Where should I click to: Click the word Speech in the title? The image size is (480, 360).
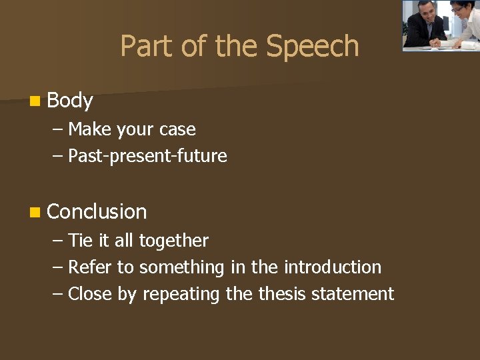(x=313, y=47)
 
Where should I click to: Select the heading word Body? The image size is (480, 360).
(x=70, y=101)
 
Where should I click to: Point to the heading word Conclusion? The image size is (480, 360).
(x=97, y=211)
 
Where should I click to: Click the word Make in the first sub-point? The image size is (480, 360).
(x=90, y=129)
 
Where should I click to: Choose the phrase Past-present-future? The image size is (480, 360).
(x=147, y=156)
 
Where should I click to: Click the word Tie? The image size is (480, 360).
(x=80, y=240)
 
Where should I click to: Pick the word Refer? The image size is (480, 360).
(x=90, y=267)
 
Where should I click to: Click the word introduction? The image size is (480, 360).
(x=333, y=267)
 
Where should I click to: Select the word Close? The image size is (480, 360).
(x=91, y=293)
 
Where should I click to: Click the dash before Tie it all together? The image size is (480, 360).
(x=57, y=241)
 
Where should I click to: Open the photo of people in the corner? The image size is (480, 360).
(x=440, y=25)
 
